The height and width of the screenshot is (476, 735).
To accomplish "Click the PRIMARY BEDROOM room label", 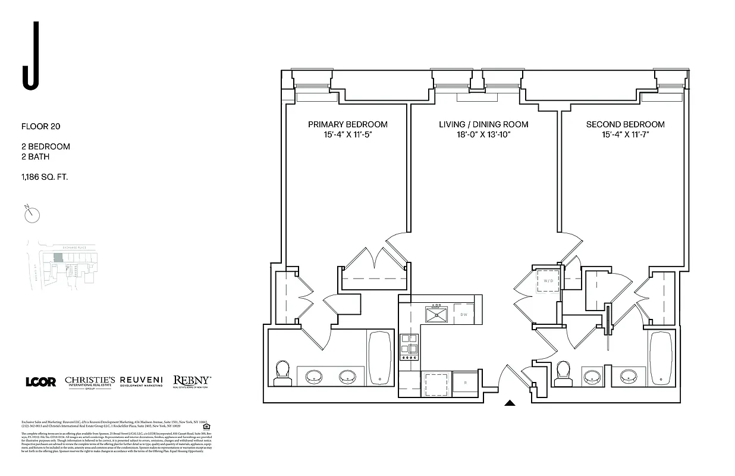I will (347, 124).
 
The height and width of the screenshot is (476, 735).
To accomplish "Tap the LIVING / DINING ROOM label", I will (483, 124).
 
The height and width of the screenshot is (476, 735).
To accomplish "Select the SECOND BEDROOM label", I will (625, 124).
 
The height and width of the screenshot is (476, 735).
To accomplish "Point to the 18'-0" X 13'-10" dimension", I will (483, 135).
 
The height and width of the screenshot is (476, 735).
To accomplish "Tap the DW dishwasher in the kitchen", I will (464, 314).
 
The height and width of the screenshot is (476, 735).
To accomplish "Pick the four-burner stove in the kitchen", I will (409, 346).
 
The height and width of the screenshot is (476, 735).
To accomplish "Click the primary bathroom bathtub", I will (380, 358).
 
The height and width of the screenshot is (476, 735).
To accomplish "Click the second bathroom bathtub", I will (660, 358).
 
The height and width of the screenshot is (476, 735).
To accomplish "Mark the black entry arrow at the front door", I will (510, 403).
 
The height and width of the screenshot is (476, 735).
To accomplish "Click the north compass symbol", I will (32, 214).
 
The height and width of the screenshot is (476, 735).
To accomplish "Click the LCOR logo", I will (41, 382).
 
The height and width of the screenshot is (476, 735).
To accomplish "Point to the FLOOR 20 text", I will (41, 126).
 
